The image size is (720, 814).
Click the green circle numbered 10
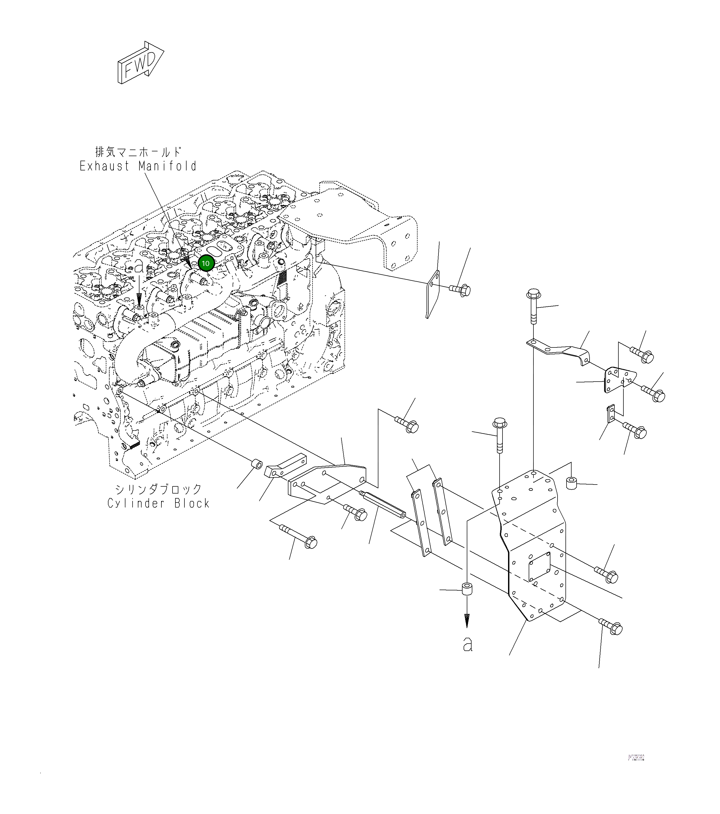point(206,263)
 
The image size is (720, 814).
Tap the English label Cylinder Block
point(158,503)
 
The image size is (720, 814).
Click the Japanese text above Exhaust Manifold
point(138,152)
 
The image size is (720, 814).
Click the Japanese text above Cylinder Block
point(158,489)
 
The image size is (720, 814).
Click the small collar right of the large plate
point(572,482)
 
